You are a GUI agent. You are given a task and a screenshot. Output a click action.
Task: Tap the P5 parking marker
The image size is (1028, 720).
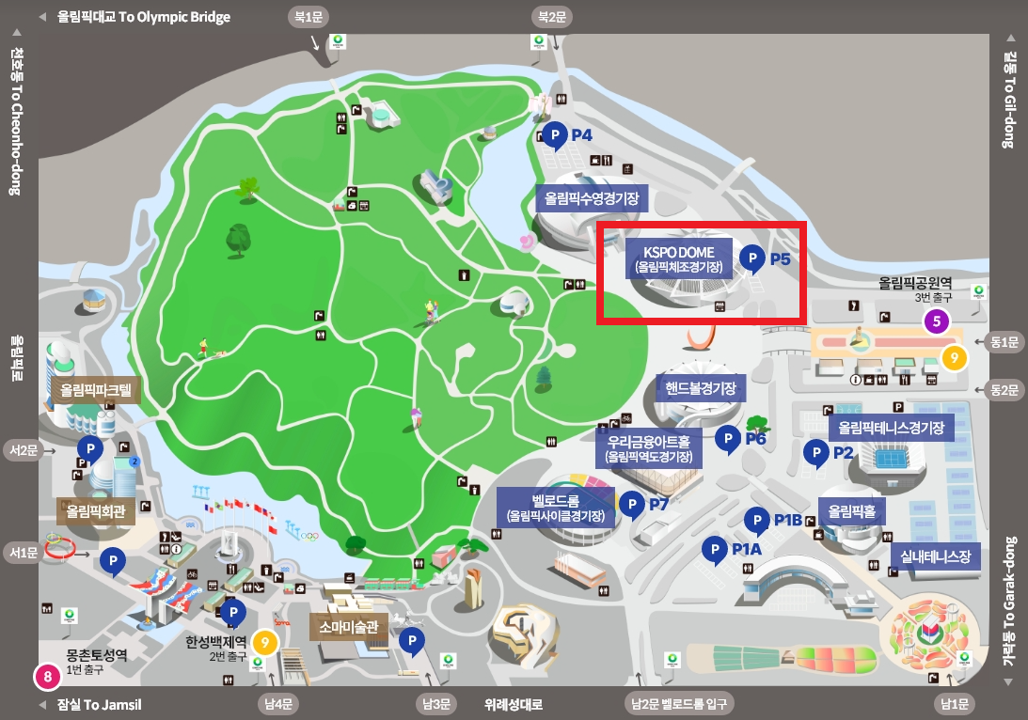click(751, 257)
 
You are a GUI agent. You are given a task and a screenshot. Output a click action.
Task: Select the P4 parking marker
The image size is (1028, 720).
click(555, 135)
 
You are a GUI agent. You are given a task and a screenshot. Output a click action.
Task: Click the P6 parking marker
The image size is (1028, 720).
click(727, 438)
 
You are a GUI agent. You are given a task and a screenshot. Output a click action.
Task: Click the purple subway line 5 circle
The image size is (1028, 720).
click(936, 321)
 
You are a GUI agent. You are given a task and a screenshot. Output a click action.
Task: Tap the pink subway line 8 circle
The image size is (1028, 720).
click(45, 675)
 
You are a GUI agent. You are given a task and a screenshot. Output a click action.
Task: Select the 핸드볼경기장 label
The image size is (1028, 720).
click(700, 387)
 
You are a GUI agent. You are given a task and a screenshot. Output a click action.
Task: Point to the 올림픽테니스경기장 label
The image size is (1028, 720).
click(891, 428)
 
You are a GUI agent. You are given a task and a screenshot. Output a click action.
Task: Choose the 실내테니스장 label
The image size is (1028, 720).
click(936, 556)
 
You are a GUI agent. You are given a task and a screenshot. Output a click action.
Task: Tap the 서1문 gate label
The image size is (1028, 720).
click(24, 552)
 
